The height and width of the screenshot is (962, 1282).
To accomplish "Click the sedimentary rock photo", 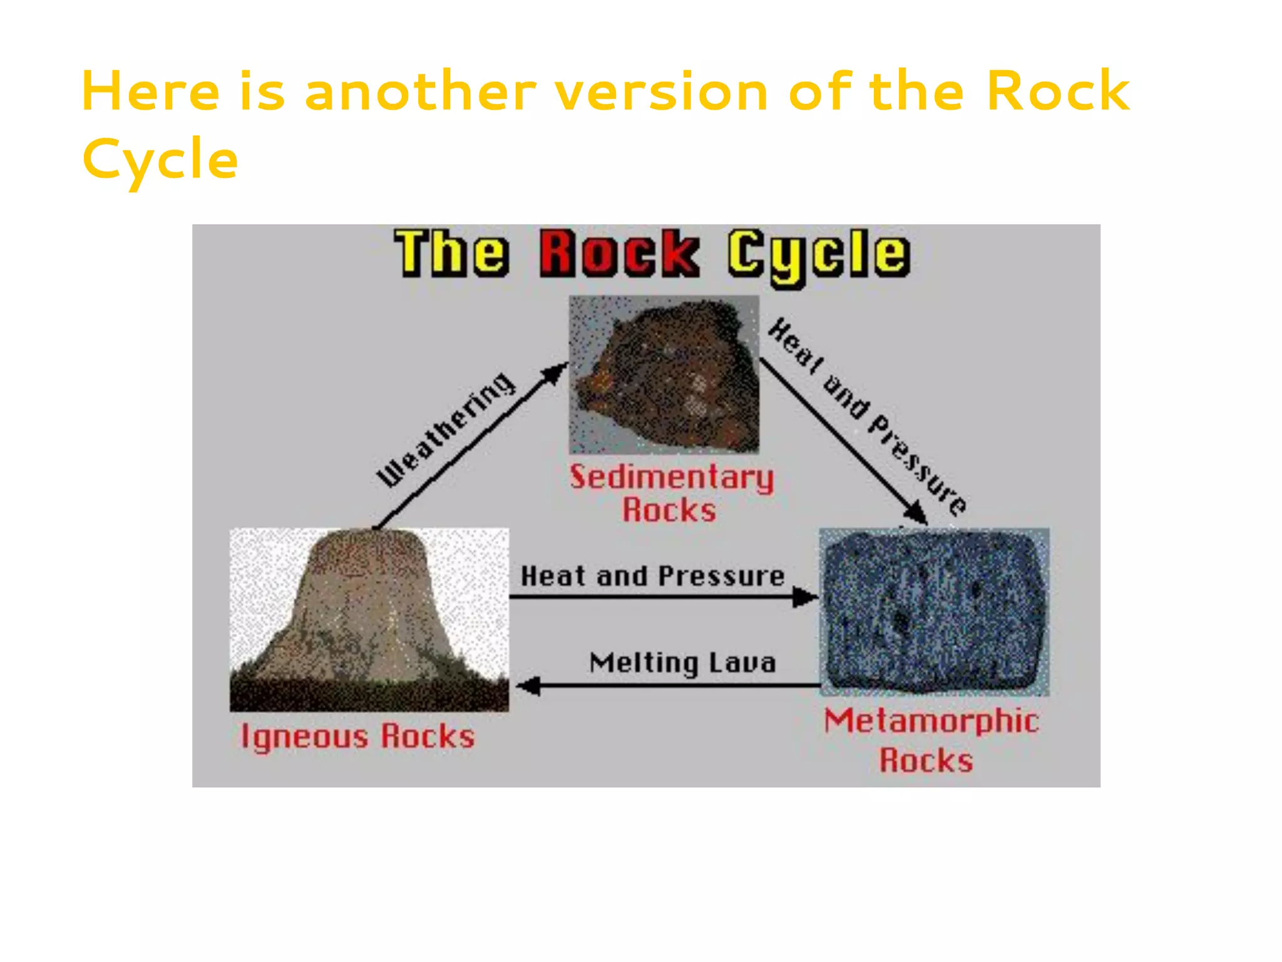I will pos(664,375).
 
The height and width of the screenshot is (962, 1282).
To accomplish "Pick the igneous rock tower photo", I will pos(369,620).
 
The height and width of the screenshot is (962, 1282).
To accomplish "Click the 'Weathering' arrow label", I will pos(446,430).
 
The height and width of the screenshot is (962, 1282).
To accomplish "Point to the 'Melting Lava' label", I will pos(682,663).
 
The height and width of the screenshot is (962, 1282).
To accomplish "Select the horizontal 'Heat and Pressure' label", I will pos(652,576).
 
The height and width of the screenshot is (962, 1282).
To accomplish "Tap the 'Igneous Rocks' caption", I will pos(358,737).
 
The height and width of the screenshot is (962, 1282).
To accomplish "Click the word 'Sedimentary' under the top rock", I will pos(672,478).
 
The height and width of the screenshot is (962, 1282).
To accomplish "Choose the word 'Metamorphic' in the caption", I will pos(931,721).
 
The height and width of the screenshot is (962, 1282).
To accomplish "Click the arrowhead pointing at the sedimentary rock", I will pos(555,373).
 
